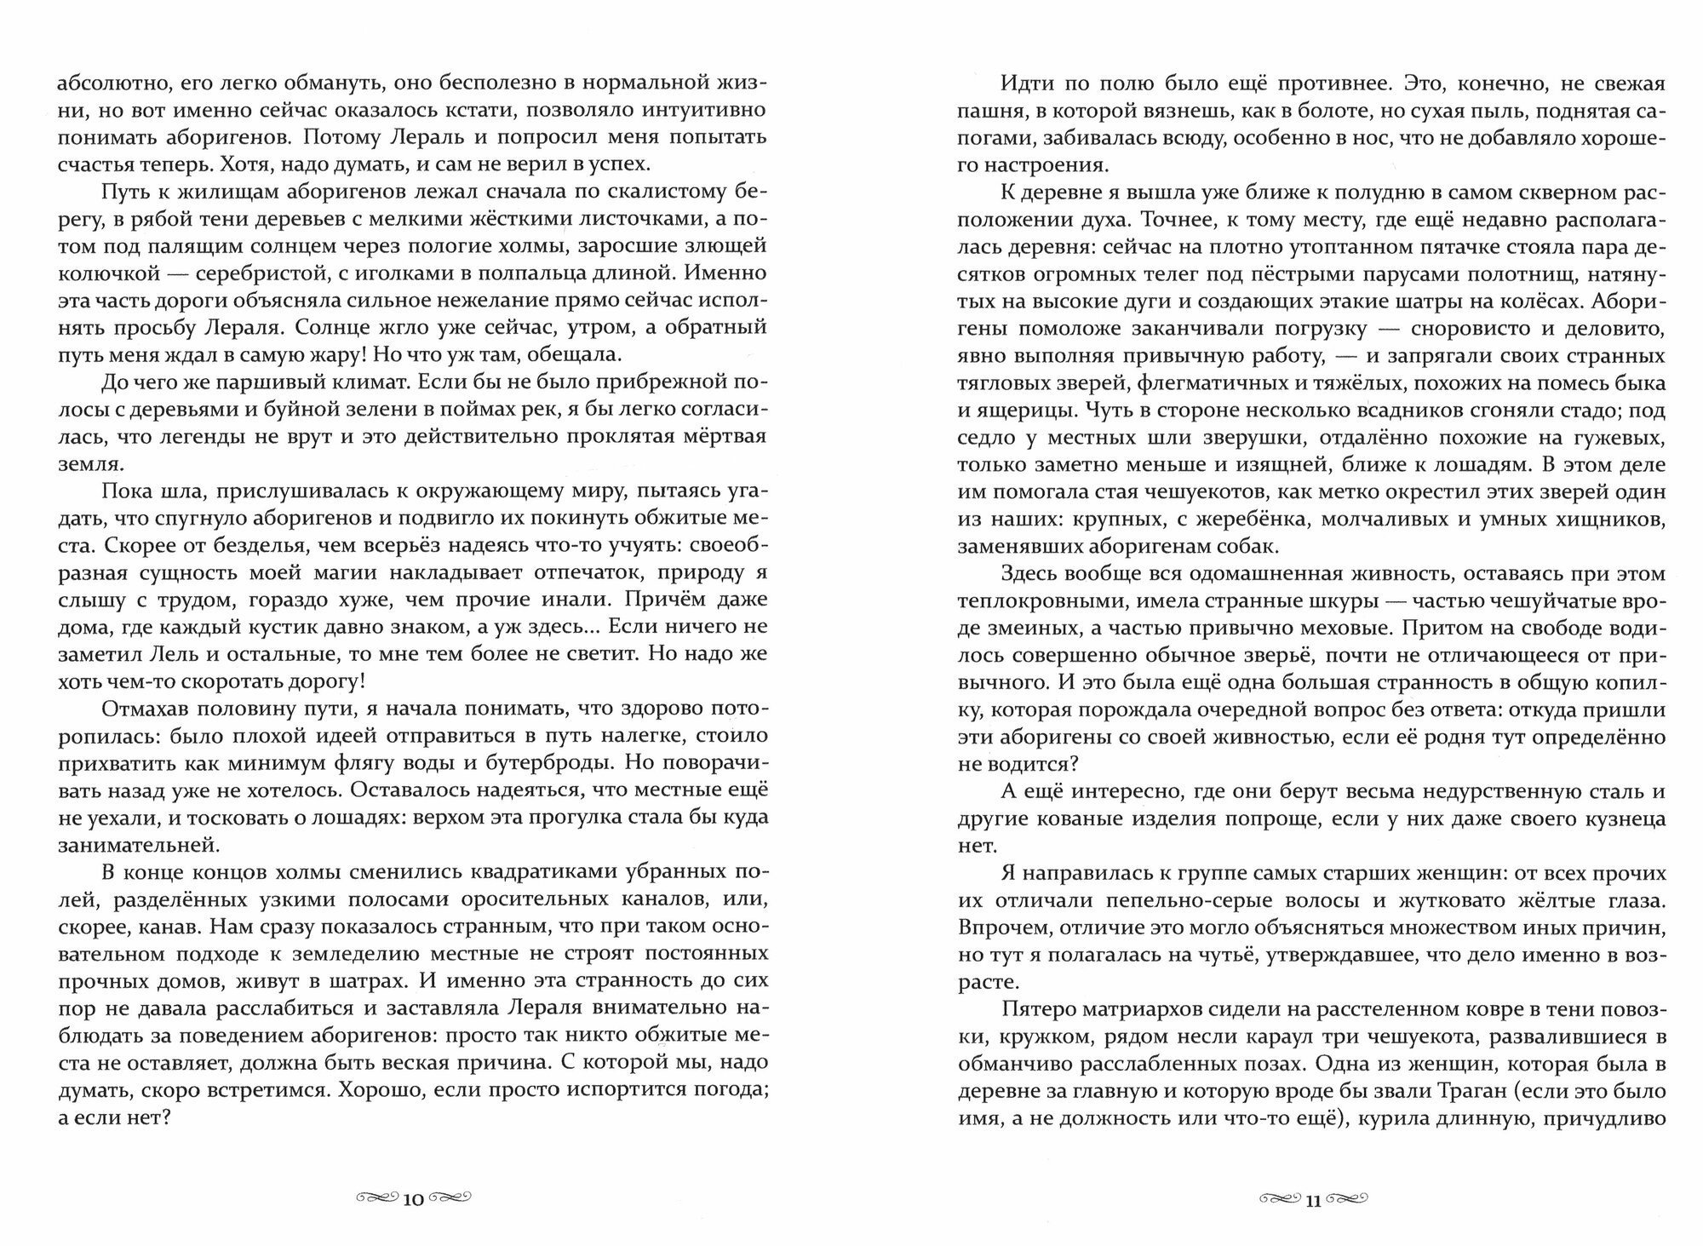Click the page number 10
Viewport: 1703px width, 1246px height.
(413, 1199)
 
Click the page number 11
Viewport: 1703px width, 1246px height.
(1312, 1199)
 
